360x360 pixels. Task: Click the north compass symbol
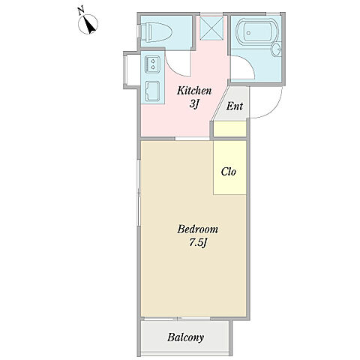tap(88, 24)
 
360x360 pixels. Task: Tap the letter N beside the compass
tap(80, 11)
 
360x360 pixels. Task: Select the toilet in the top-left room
tap(155, 31)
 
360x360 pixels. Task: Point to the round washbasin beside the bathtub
tap(277, 49)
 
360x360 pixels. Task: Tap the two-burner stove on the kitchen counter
tap(152, 64)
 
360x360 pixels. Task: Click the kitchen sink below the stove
tap(152, 91)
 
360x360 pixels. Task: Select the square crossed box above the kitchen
tap(211, 28)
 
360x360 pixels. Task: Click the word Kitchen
tap(194, 91)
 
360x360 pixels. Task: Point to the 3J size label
tap(193, 103)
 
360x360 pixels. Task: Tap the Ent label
tap(235, 106)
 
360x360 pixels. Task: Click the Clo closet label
tap(229, 172)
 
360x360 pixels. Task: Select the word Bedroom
tap(197, 229)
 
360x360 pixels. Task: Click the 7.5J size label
tap(198, 242)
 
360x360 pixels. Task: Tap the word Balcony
tap(185, 337)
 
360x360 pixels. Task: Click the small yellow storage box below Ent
tap(230, 129)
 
